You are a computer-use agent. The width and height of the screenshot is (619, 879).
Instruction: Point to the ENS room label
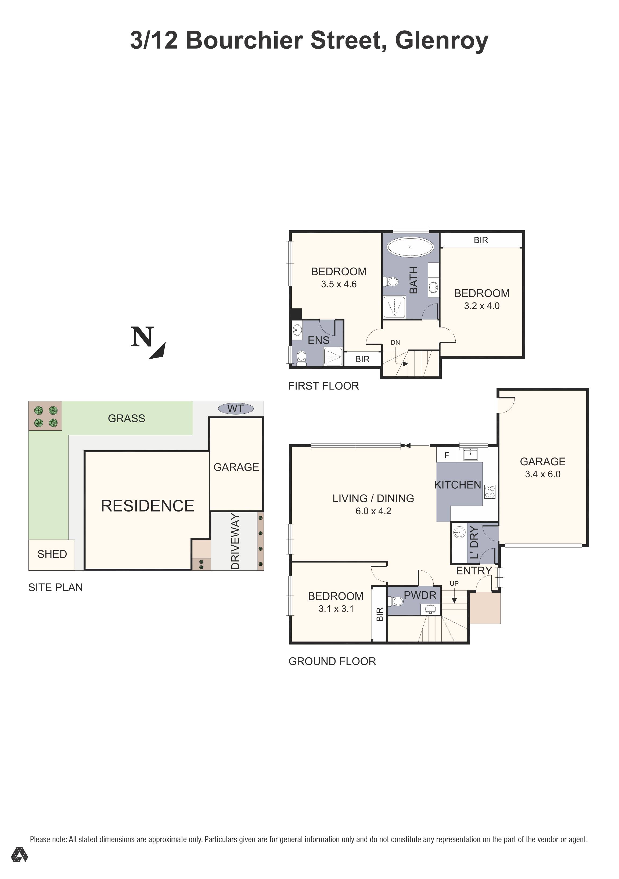pyautogui.click(x=318, y=340)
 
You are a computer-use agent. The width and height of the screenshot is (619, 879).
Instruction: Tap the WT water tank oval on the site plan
pyautogui.click(x=235, y=409)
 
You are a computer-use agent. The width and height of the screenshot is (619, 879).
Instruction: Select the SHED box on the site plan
pyautogui.click(x=52, y=554)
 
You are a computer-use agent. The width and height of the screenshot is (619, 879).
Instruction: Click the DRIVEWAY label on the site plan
pyautogui.click(x=235, y=541)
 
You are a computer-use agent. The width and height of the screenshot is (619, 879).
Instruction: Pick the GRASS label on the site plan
pyautogui.click(x=126, y=419)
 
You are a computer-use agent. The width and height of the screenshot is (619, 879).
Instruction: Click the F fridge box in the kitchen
pyautogui.click(x=446, y=456)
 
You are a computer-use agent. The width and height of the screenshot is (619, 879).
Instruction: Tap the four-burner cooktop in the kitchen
pyautogui.click(x=490, y=492)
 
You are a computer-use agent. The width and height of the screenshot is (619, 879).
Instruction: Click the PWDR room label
pyautogui.click(x=420, y=595)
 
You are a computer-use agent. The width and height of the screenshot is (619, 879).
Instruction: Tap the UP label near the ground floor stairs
pyautogui.click(x=454, y=583)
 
